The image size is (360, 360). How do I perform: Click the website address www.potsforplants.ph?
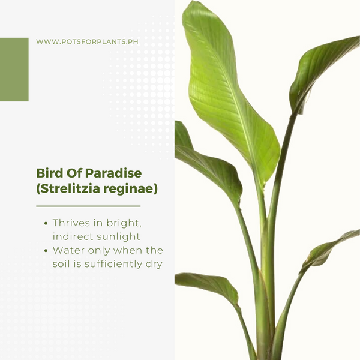tap(87, 42)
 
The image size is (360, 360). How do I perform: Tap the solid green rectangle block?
tap(14, 70)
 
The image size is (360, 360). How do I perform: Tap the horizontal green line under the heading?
tap(88, 206)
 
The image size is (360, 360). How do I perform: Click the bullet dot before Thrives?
tap(46, 223)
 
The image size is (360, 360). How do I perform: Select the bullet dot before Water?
tap(46, 250)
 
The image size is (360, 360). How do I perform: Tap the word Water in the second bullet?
tap(68, 250)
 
